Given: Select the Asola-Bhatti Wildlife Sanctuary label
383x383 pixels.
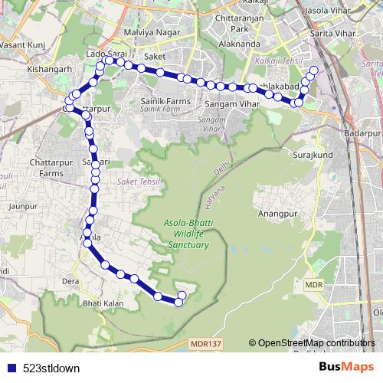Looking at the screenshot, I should click(187, 234).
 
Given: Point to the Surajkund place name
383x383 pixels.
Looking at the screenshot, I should click(310, 154).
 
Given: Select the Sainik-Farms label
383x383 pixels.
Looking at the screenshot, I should click(164, 101).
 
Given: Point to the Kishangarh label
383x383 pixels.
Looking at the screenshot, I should click(48, 68).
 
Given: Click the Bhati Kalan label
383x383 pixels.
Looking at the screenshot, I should click(103, 304).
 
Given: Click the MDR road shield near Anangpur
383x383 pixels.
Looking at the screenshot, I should click(313, 284).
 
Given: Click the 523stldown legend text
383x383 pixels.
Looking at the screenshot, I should click(51, 368).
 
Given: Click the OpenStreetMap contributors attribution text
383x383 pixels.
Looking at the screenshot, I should click(316, 343).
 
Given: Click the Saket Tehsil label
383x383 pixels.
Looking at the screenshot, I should click(135, 182).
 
